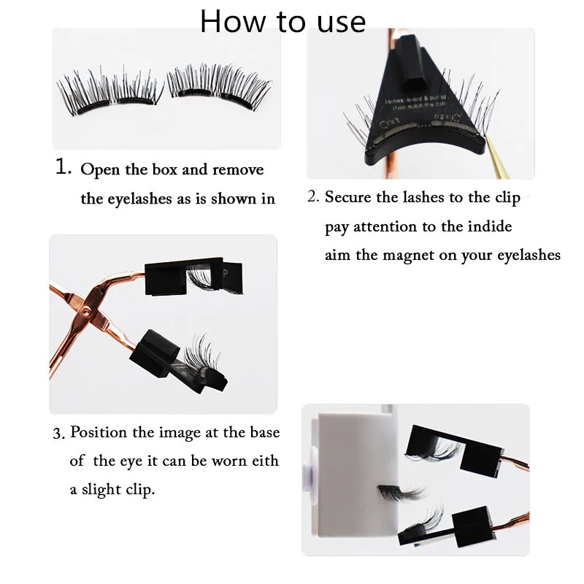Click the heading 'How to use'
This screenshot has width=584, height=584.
click(x=283, y=21)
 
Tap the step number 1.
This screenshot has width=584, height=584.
click(x=63, y=167)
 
